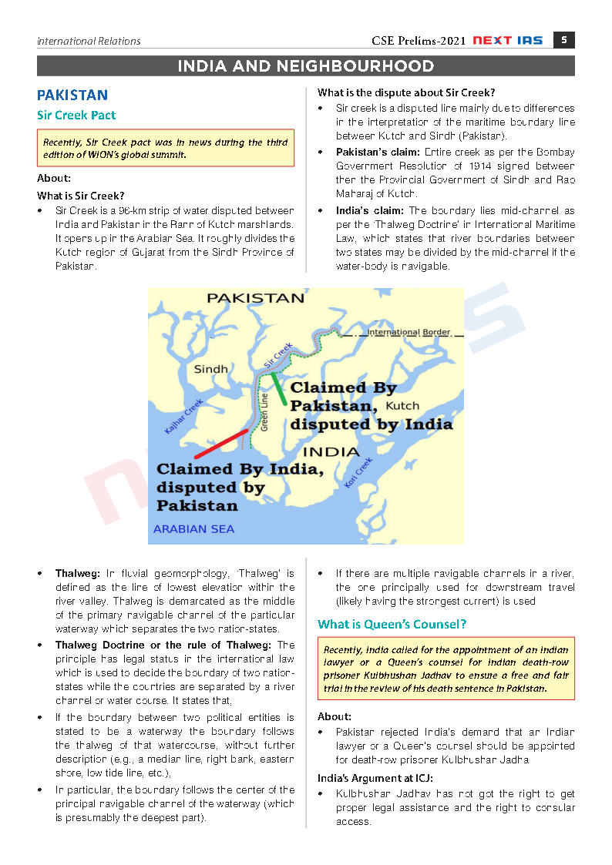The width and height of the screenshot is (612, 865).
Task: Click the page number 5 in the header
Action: coord(563,40)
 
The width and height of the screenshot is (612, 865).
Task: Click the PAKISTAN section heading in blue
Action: coord(72,95)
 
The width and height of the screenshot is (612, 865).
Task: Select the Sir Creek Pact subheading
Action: coord(76,116)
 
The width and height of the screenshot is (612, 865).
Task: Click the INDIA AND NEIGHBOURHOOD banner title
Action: coord(306,66)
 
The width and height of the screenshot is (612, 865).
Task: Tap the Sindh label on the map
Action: coord(210,369)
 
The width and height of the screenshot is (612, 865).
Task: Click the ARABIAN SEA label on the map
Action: coord(193,529)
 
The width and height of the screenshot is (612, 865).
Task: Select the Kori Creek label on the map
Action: coord(358,472)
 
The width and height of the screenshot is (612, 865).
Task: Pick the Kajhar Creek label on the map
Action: coord(184,416)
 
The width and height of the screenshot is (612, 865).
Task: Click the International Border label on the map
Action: coord(409,332)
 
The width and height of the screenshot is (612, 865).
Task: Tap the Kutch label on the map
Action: coord(402,405)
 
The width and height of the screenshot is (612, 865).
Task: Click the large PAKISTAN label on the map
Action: coord(256,297)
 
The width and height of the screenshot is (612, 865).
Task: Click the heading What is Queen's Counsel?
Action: coord(392,624)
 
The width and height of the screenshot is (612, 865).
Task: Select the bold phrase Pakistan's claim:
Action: coord(366,153)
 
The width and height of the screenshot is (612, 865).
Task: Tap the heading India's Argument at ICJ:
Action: coord(375,778)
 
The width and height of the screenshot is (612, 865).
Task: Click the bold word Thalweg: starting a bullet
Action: coord(77,574)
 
